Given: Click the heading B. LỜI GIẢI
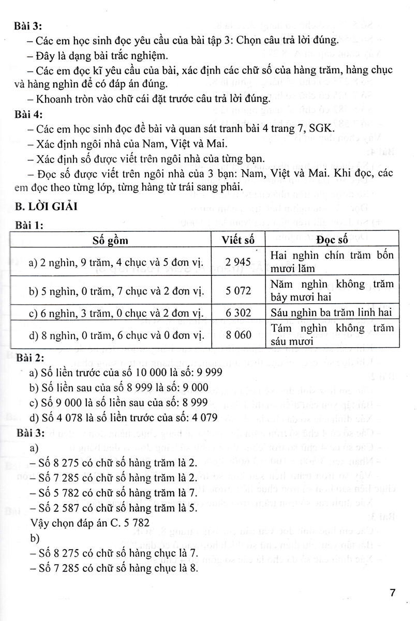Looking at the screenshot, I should click(x=47, y=207).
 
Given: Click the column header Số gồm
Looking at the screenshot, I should click(x=111, y=240).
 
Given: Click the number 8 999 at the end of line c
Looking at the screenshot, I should click(x=192, y=403).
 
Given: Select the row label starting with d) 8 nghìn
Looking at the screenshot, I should click(x=110, y=335).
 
